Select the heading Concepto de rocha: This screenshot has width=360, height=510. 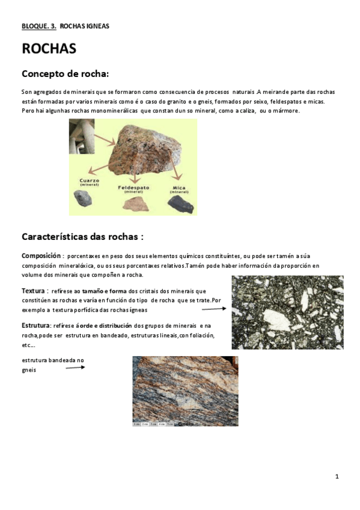pyautogui.click(x=65, y=74)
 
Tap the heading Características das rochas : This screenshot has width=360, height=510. pyautogui.click(x=82, y=236)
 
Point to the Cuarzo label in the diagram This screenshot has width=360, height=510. pyautogui.click(x=89, y=181)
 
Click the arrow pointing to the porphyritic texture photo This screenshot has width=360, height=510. pyautogui.click(x=213, y=309)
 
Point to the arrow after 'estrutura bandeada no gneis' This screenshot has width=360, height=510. pyautogui.click(x=75, y=367)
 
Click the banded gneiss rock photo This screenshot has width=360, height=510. pyautogui.click(x=185, y=390)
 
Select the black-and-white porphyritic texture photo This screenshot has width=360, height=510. pyautogui.click(x=287, y=312)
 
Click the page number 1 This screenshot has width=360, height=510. pyautogui.click(x=337, y=476)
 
